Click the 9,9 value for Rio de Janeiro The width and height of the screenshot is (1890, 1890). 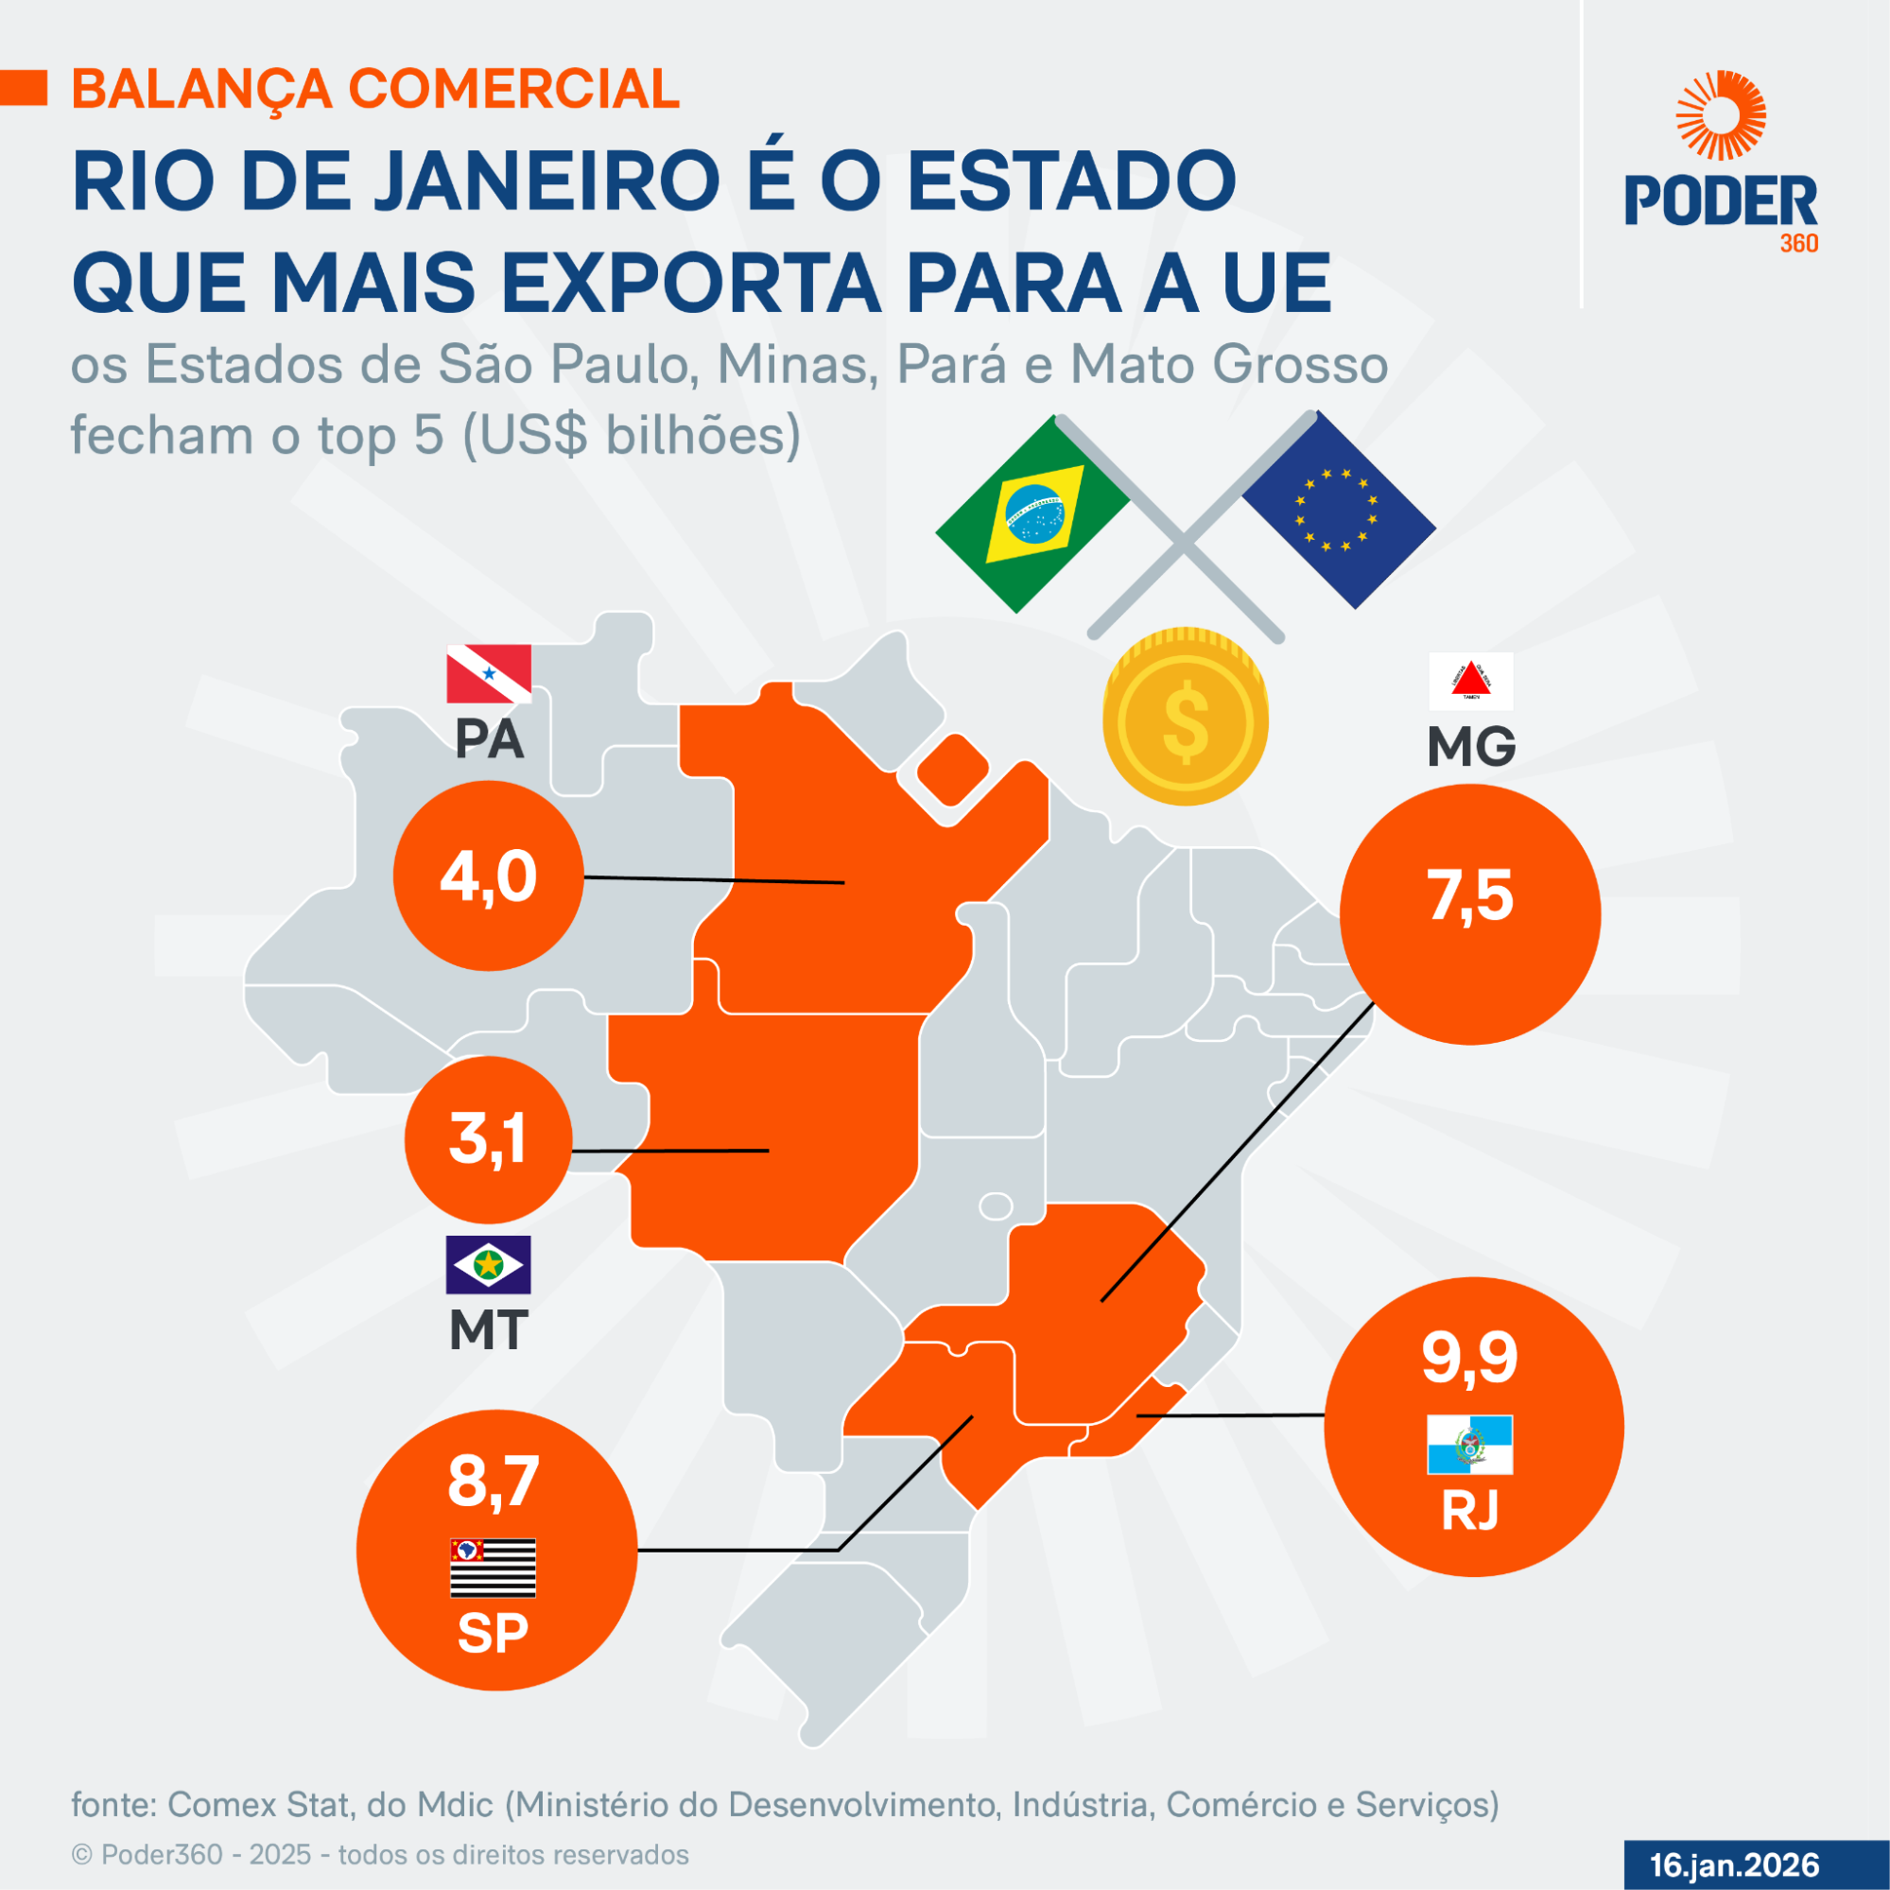[x=1469, y=1358]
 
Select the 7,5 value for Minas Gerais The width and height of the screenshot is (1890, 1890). [x=1469, y=895]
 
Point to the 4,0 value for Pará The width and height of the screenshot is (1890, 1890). [x=488, y=876]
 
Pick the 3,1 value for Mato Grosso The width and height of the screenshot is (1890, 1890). [x=487, y=1138]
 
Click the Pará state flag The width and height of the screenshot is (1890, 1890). [x=489, y=673]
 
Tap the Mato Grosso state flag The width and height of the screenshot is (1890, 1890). [x=488, y=1265]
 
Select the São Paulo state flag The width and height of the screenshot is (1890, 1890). [x=492, y=1568]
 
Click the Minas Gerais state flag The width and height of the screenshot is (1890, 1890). [x=1470, y=681]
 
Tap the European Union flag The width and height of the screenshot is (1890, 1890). [x=1337, y=510]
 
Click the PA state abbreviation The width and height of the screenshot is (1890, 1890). [x=489, y=740]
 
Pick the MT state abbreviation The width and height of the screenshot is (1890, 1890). [x=488, y=1330]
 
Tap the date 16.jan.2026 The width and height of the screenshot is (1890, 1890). [x=1734, y=1864]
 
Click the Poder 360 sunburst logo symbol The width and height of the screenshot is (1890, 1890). [x=1721, y=115]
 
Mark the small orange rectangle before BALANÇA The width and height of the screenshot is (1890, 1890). [x=24, y=88]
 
